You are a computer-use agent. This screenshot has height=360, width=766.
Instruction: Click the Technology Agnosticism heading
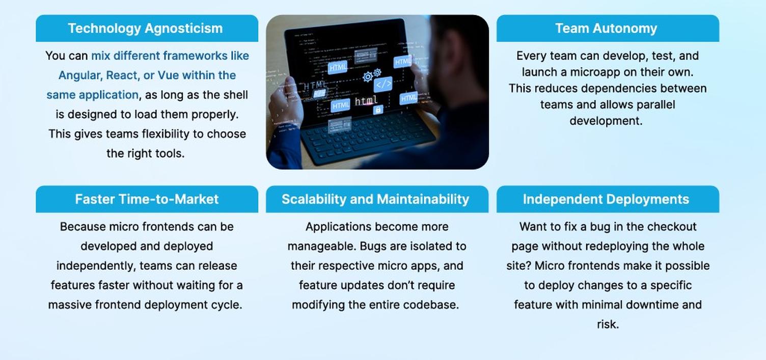click(x=145, y=29)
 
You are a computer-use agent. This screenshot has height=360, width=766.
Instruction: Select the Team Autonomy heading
click(x=606, y=29)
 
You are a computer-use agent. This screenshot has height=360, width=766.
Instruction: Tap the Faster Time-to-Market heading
click(x=147, y=199)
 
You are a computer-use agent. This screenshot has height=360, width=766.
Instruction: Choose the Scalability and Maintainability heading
click(x=375, y=199)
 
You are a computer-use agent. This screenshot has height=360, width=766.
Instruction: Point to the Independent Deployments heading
click(x=606, y=199)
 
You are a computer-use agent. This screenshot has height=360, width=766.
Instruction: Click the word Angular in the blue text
click(x=80, y=75)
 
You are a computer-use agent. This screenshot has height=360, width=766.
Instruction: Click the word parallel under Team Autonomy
click(x=656, y=104)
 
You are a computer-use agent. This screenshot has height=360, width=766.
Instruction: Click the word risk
click(x=608, y=324)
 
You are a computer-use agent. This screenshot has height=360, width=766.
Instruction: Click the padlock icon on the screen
click(x=378, y=109)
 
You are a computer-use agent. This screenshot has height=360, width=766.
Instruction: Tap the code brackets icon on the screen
click(x=383, y=84)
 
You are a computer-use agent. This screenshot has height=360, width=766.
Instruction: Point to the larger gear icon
click(x=368, y=77)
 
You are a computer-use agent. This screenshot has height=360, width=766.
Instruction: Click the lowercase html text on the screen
click(x=366, y=100)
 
